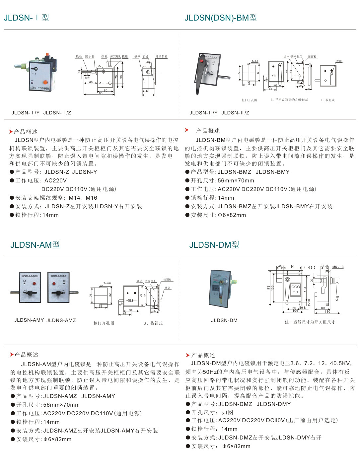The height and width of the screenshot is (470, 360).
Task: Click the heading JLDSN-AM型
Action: coord(35,245)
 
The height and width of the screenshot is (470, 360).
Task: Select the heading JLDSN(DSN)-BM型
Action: coord(221,18)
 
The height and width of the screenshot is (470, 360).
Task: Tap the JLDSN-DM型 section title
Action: coord(214,245)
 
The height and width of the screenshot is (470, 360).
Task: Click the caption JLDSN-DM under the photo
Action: coord(224,320)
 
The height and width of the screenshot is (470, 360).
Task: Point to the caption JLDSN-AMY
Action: coord(29,320)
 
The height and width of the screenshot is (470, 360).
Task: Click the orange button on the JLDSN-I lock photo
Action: coord(45,82)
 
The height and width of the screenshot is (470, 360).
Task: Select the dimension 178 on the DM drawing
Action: coord(269,288)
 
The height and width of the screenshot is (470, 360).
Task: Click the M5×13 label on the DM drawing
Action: coord(338,267)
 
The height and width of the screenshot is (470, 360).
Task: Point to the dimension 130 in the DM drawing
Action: coord(327,312)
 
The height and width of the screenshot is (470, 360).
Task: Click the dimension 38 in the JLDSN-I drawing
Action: coord(91,82)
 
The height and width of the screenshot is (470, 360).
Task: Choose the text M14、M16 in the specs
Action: coord(83,198)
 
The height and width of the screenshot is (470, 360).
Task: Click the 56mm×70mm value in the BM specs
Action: coord(236,180)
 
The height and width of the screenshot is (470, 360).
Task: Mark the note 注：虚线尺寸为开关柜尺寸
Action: coord(310,322)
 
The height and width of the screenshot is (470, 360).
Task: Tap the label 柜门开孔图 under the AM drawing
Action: coord(104,323)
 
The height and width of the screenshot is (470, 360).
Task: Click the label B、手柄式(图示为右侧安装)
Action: coord(289,100)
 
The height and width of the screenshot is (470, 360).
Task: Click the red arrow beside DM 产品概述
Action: coord(188,355)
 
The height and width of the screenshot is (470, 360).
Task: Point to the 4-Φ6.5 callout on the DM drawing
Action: coord(309,267)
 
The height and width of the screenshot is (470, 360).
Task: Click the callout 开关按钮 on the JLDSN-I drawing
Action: coord(162,56)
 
